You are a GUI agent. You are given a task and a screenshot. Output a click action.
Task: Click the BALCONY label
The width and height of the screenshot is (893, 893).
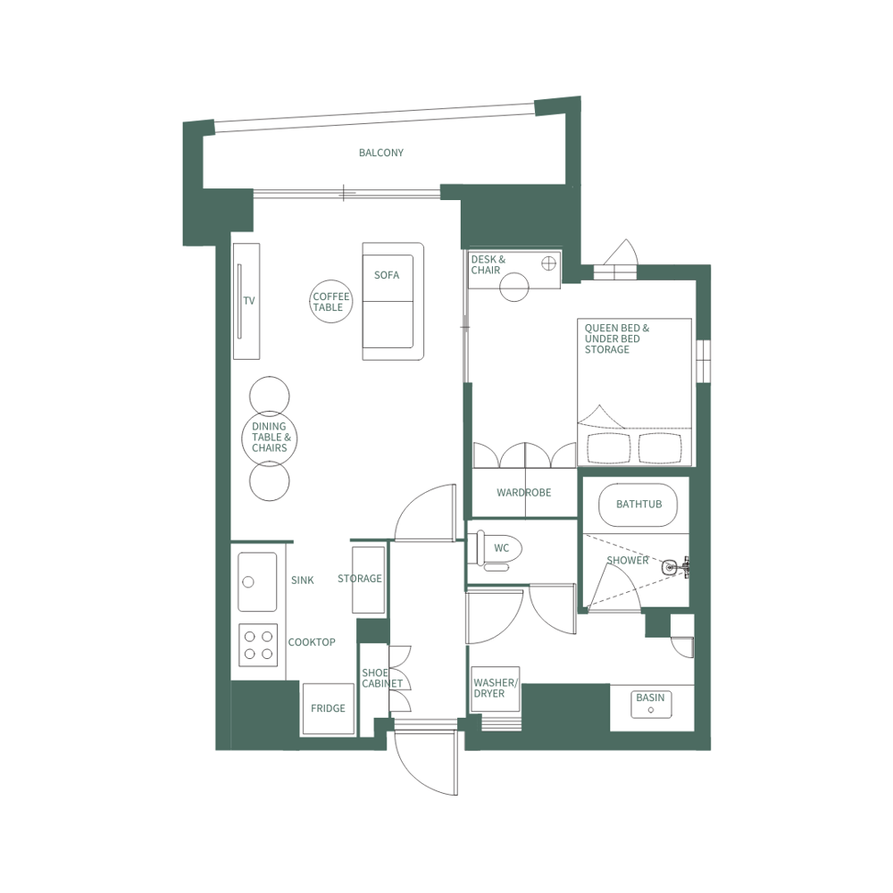coord(381,153)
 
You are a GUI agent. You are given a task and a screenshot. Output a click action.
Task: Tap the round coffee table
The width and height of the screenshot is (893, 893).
coord(330,302)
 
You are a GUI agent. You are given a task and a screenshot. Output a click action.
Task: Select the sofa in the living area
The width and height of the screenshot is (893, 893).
coord(392,302)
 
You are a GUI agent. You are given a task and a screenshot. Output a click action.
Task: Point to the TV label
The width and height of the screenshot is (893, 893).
coord(249,301)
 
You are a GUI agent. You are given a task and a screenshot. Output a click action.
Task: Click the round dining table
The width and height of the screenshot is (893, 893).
coord(269,438)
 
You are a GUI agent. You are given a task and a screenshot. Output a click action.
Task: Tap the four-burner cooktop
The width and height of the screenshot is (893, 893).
coord(257,645)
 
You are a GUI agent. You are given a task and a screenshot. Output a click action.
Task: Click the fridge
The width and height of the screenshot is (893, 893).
coord(327,709)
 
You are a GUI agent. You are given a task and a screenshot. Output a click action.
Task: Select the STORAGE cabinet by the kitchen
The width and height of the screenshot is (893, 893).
coord(368,579)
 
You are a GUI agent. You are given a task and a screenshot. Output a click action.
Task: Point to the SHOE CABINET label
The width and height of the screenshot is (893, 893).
coord(382,678)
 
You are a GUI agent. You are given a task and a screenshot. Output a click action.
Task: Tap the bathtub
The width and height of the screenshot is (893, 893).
coord(638,505)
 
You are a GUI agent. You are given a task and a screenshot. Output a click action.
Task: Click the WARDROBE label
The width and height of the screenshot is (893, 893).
coord(523,492)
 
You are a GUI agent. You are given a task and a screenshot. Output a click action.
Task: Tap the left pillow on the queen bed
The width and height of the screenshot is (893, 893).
coord(607,447)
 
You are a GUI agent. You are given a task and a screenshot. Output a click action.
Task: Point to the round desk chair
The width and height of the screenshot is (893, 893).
coord(514,287)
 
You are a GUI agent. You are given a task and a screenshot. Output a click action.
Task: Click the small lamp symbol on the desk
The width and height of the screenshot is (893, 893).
coord(549,263)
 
